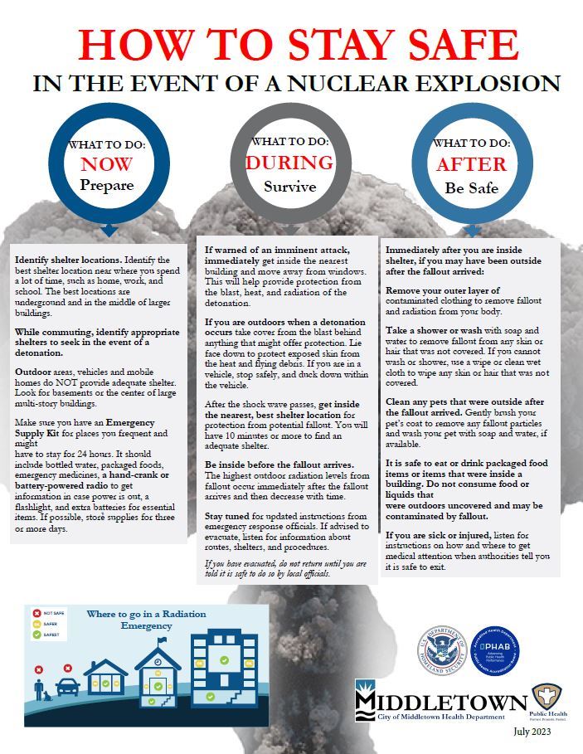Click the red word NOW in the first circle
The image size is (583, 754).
108,163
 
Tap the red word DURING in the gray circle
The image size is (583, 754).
289,163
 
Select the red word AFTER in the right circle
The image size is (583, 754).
471,164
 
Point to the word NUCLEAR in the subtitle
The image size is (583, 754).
373,84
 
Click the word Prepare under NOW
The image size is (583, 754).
108,185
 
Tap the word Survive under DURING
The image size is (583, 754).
289,186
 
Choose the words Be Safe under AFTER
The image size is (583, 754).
471,187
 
